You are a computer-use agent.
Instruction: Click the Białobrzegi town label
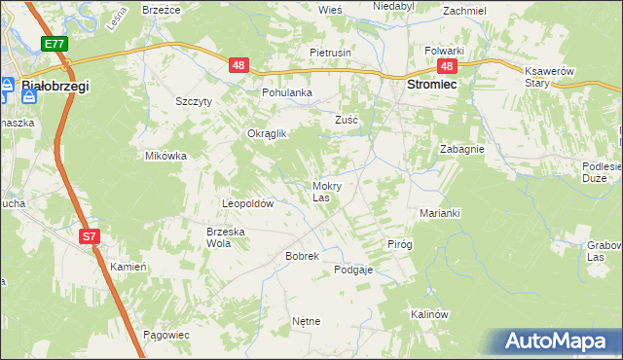coord(55,87)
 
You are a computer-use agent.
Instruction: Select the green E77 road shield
coord(55,44)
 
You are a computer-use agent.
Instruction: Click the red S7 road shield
coord(90,236)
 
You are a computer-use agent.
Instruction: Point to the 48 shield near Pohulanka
coord(240,66)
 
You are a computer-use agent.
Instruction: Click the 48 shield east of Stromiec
coord(447,66)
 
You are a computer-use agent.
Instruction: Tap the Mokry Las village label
coord(325,191)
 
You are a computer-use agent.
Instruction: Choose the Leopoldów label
coord(248,204)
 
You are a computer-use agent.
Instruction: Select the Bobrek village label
coord(275,256)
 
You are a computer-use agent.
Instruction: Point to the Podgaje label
coord(353,270)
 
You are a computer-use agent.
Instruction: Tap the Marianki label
coord(439,212)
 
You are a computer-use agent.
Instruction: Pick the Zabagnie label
coord(462,150)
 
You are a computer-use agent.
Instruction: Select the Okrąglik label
coord(267,134)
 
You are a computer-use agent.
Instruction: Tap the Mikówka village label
coord(165,156)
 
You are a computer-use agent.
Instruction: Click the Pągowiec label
coord(165,335)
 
